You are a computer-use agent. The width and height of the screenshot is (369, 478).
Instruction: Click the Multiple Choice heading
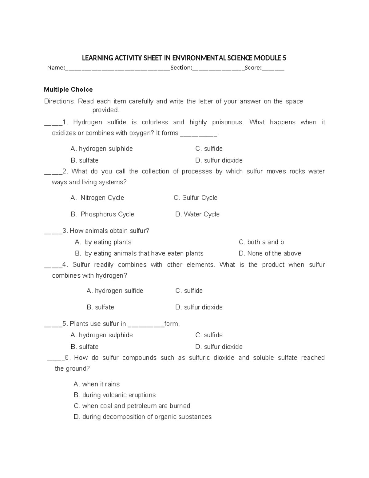(x=68, y=90)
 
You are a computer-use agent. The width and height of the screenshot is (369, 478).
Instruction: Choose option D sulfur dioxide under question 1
(x=219, y=160)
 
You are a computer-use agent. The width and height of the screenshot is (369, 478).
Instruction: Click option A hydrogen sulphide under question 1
(x=101, y=149)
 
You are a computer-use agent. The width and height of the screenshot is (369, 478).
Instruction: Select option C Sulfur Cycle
(x=196, y=198)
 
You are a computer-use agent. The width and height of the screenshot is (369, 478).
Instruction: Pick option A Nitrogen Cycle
(x=97, y=198)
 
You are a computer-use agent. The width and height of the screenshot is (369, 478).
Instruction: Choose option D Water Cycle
(x=197, y=214)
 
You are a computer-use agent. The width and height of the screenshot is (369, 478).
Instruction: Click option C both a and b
(x=261, y=242)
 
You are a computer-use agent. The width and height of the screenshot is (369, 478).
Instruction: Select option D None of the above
(x=270, y=253)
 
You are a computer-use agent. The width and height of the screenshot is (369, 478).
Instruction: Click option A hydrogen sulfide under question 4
(x=115, y=291)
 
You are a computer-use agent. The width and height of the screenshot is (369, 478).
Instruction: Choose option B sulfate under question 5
(x=85, y=347)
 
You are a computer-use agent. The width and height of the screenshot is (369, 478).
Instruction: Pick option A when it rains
(x=97, y=384)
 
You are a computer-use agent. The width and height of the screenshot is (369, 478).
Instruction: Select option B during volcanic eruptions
(x=115, y=395)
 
